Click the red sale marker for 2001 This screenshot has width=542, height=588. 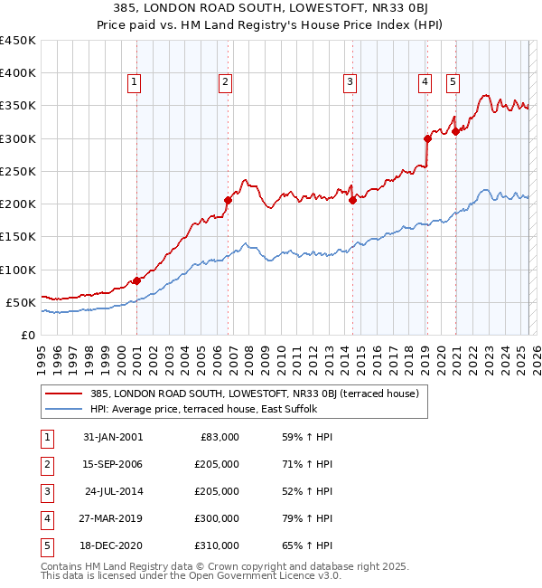click(136, 280)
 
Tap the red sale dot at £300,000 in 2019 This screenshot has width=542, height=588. click(427, 138)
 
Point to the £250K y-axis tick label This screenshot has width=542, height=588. click(18, 171)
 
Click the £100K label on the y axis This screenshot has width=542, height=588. click(18, 270)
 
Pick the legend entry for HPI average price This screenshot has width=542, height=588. click(201, 409)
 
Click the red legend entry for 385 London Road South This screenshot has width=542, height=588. click(254, 394)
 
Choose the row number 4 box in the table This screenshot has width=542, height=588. click(46, 518)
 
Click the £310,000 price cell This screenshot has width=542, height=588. click(216, 545)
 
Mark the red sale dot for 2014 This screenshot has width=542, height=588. click(353, 201)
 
